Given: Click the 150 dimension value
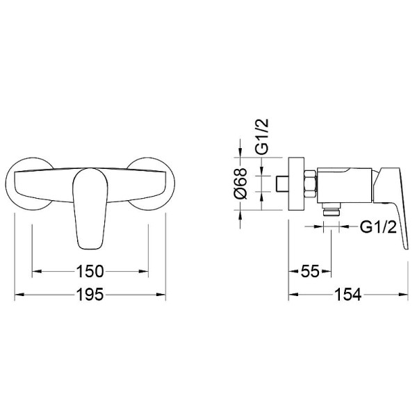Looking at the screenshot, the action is tap(90, 272).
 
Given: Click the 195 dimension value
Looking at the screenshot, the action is tap(90, 295).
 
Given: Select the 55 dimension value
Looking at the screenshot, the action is tap(310, 272).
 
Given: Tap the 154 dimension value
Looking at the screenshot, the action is tap(348, 295).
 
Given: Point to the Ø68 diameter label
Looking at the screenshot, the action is tap(240, 183).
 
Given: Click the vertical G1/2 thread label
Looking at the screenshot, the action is tap(262, 136).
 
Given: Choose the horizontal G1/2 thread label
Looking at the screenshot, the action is tap(379, 227).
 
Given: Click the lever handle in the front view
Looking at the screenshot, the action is tap(90, 208).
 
